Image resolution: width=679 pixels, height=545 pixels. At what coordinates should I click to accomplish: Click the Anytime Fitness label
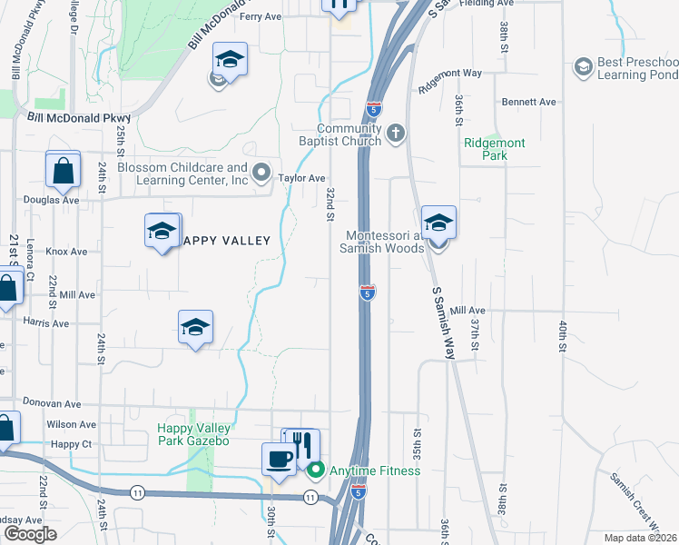[x=375, y=471]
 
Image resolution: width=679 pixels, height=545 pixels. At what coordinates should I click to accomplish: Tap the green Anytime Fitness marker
[x=316, y=471]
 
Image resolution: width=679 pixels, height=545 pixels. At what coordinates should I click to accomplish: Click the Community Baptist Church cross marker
[x=395, y=134]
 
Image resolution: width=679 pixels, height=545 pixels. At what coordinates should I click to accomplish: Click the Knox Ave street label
[x=66, y=252]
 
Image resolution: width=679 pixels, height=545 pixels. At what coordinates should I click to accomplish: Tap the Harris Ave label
[x=46, y=323]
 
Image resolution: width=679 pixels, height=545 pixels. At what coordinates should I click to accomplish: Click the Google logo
[x=30, y=534]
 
